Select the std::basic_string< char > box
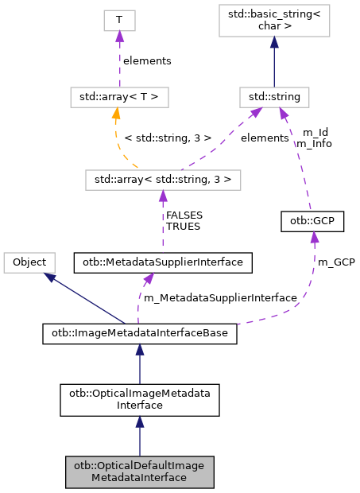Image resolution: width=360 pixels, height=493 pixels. [x=274, y=22]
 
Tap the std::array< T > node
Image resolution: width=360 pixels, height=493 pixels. [x=118, y=99]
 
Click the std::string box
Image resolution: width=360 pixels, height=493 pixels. [x=274, y=99]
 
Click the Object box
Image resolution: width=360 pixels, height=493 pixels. [x=29, y=262]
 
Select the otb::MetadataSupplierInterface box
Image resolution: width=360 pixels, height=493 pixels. [x=162, y=262]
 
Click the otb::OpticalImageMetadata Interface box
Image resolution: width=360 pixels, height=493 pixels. [x=140, y=398]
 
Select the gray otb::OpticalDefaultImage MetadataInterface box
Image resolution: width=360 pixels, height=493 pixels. [x=140, y=472]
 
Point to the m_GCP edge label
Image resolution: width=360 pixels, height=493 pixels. [x=336, y=262]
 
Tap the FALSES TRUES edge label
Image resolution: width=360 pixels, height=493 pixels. [x=183, y=220]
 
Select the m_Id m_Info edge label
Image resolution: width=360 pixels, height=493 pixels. [x=313, y=138]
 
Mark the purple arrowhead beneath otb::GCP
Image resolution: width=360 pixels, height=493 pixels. [x=315, y=237]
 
